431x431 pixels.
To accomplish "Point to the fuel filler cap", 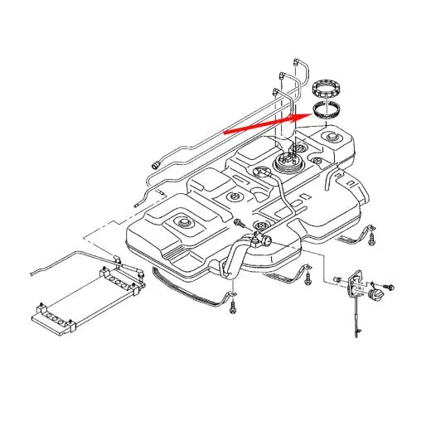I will (378, 294).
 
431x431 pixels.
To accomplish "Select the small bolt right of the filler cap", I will (392, 287).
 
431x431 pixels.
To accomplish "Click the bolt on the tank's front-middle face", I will (239, 222).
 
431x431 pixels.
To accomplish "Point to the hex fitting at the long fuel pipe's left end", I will (154, 164).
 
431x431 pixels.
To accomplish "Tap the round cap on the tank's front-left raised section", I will (181, 222).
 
